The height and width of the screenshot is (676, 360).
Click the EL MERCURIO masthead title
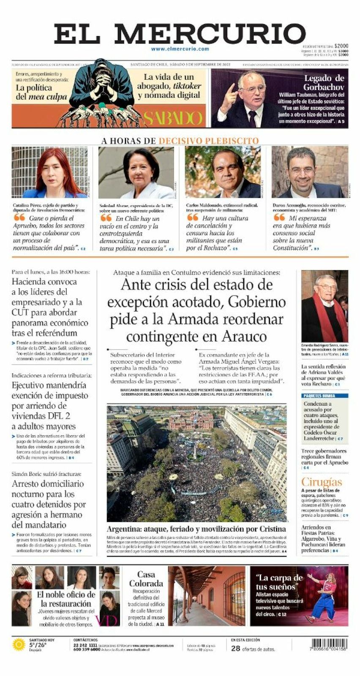point(180,34)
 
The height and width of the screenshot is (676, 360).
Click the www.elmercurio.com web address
point(180,49)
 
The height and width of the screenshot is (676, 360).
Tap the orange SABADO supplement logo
point(173,118)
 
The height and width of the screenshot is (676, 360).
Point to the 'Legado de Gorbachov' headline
point(324,82)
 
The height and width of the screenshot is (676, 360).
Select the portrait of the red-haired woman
point(50,172)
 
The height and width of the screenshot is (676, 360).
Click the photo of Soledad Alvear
point(136,172)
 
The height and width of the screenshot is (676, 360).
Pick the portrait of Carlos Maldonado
point(223,172)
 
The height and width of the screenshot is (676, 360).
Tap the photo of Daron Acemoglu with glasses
point(310,172)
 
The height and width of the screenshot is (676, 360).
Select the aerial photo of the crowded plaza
point(196,463)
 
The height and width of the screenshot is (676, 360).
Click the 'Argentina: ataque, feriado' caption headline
point(196,529)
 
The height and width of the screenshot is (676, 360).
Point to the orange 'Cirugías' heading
point(322,482)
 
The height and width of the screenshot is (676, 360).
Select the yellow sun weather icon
point(19,645)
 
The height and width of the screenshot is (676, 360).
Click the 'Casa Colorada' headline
point(146,579)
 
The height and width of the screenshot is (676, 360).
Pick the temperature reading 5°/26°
point(38,645)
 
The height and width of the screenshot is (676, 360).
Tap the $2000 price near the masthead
point(341,46)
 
